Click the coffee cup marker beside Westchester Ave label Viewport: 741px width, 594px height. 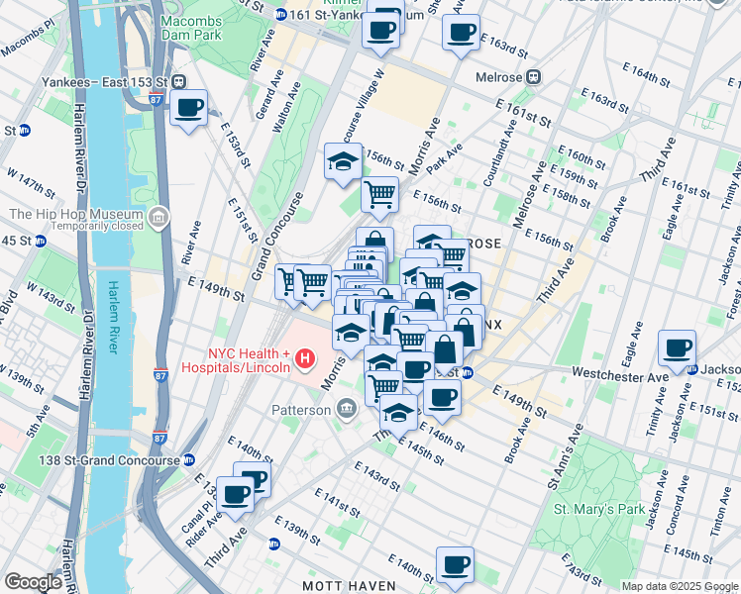click(x=678, y=347)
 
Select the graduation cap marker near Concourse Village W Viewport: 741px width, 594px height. click(x=343, y=161)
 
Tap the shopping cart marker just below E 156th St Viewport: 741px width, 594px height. click(x=379, y=195)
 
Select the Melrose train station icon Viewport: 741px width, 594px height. click(x=534, y=76)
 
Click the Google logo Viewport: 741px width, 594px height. click(x=34, y=582)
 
